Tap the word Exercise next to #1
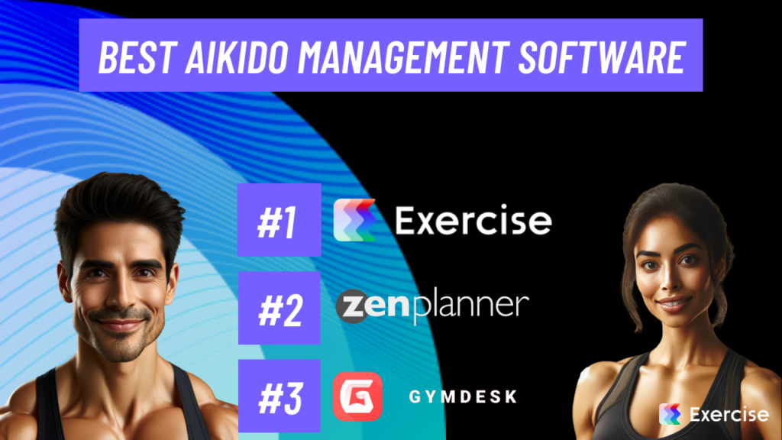click(x=473, y=222)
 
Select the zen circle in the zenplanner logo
click(x=354, y=306)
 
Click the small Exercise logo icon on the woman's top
click(x=670, y=414)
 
